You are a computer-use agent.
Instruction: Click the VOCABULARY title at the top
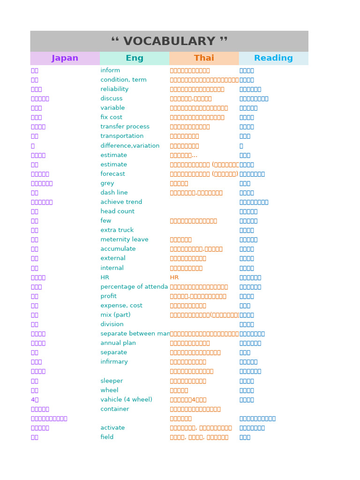click(x=169, y=41)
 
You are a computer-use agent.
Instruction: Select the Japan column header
click(x=65, y=58)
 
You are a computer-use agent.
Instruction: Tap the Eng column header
click(x=135, y=58)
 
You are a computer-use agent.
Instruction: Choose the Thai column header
click(x=204, y=58)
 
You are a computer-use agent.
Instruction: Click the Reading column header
click(x=273, y=58)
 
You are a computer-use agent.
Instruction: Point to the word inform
click(x=110, y=70)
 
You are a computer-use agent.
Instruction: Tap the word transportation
click(x=122, y=136)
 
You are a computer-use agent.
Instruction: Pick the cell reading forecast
click(x=112, y=174)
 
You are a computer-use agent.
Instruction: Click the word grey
click(x=107, y=183)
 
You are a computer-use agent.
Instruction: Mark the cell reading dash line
click(x=114, y=193)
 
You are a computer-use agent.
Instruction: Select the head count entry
click(x=117, y=211)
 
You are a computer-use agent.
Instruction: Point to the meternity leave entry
click(x=124, y=240)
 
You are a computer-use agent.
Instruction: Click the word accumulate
click(x=118, y=249)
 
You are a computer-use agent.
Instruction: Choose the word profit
click(x=108, y=296)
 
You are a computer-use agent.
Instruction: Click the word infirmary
click(x=114, y=362)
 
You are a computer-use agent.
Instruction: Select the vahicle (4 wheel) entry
click(x=126, y=400)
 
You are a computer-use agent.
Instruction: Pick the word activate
click(x=112, y=428)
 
